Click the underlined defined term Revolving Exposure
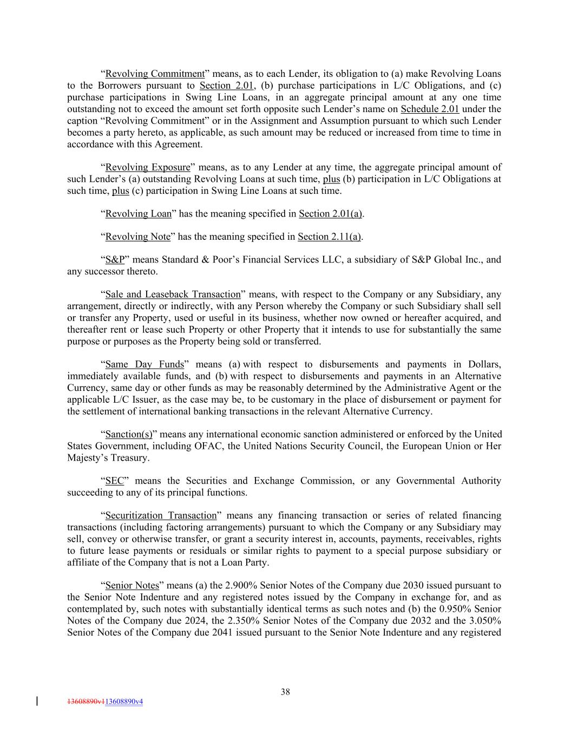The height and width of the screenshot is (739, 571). pyautogui.click(x=148, y=167)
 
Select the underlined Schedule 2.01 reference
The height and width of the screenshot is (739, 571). pyautogui.click(x=430, y=109)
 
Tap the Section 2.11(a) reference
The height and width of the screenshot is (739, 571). pyautogui.click(x=330, y=237)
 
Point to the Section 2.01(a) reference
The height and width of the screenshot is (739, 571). pyautogui.click(x=330, y=214)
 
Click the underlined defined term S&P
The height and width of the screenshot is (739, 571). pyautogui.click(x=115, y=260)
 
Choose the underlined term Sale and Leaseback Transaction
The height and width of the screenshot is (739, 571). pyautogui.click(x=173, y=295)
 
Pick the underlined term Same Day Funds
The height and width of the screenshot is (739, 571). pyautogui.click(x=145, y=364)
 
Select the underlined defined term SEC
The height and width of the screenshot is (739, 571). pyautogui.click(x=114, y=481)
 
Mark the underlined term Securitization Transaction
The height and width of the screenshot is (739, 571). pyautogui.click(x=161, y=515)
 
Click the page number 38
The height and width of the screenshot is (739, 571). pyautogui.click(x=285, y=691)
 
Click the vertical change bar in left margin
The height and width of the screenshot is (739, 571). pyautogui.click(x=37, y=701)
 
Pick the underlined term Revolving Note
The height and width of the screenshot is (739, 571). pyautogui.click(x=138, y=237)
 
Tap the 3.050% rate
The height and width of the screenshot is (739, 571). pyautogui.click(x=483, y=620)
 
